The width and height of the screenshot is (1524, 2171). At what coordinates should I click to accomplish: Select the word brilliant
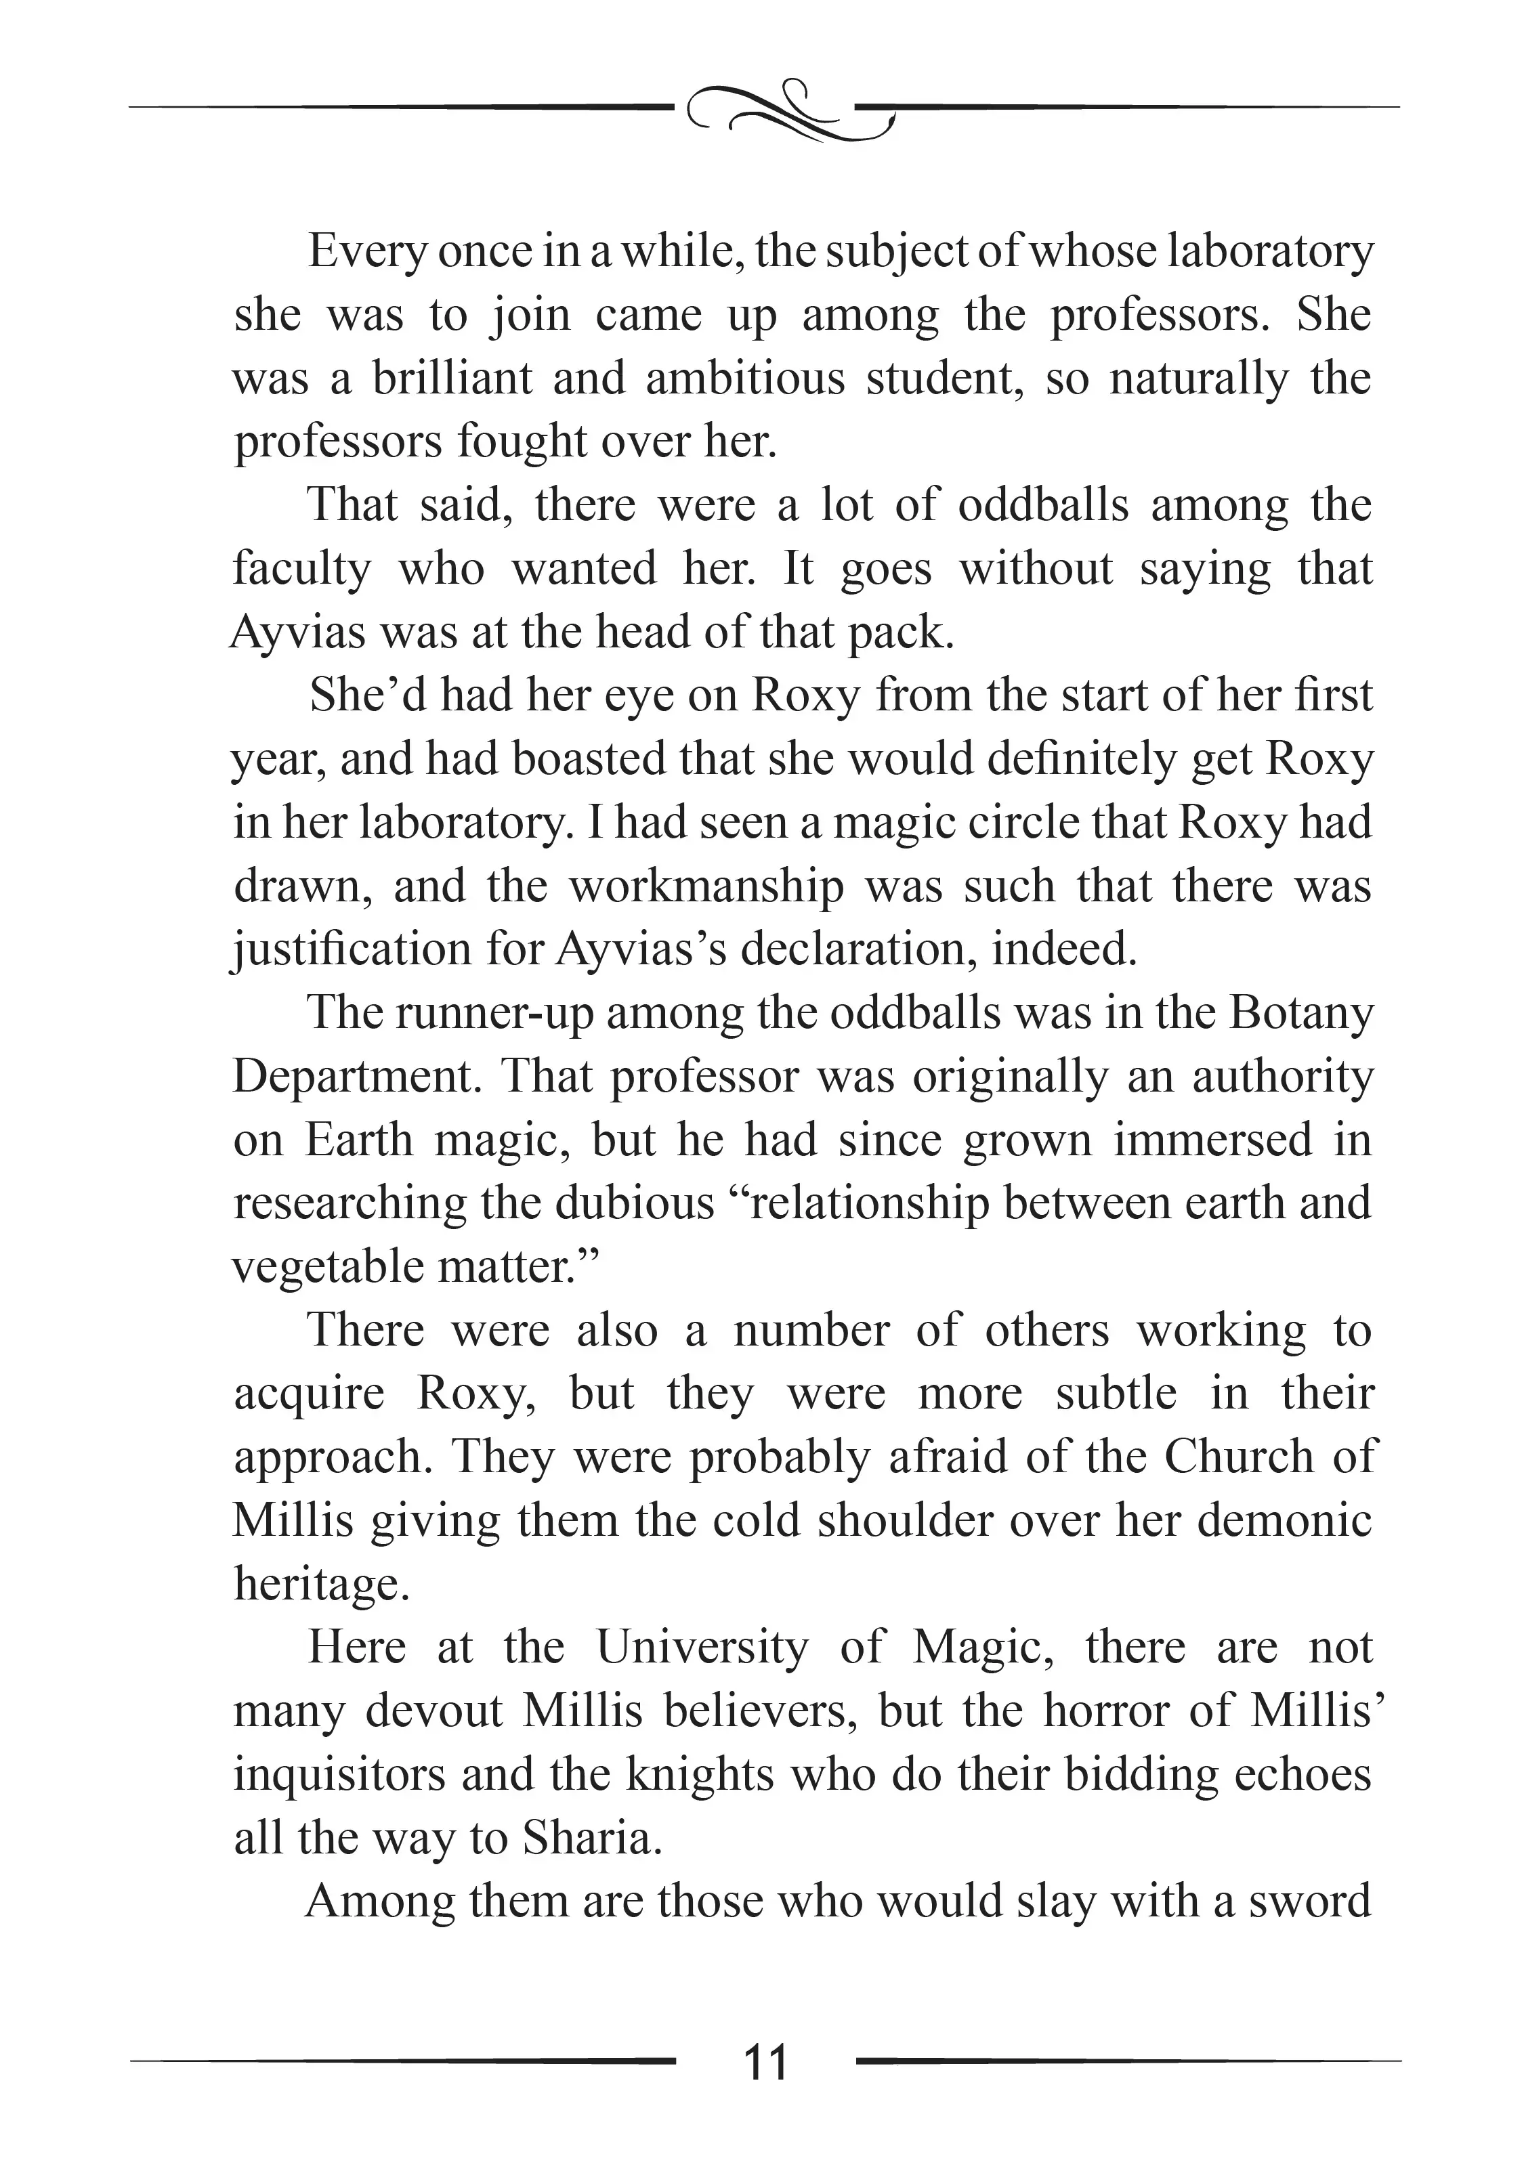click(x=452, y=379)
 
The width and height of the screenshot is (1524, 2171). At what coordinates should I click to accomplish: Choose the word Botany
click(x=1300, y=1012)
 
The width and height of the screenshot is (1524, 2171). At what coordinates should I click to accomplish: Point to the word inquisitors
click(x=339, y=1774)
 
